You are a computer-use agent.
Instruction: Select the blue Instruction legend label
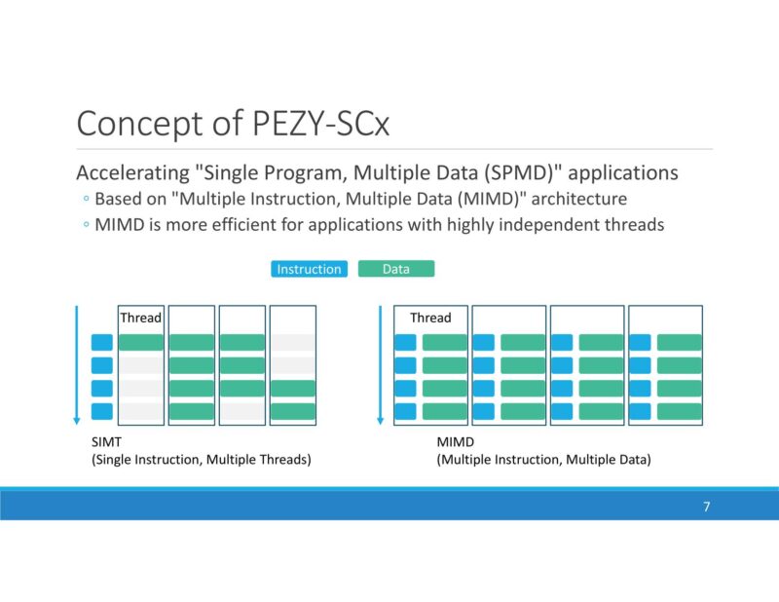click(309, 269)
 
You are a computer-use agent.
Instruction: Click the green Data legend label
click(395, 269)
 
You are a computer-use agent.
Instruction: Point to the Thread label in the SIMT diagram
click(140, 318)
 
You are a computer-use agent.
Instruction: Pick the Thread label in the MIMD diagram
click(430, 318)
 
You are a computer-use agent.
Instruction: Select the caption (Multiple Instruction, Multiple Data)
click(543, 459)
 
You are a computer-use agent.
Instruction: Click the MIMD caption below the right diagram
click(455, 441)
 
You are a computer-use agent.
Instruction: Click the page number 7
click(706, 507)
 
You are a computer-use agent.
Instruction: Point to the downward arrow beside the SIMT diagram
click(76, 365)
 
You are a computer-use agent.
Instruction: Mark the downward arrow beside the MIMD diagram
click(379, 365)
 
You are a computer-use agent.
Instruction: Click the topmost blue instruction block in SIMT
click(102, 342)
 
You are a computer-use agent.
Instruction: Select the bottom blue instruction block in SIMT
click(102, 411)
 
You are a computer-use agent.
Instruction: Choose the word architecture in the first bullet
click(581, 199)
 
